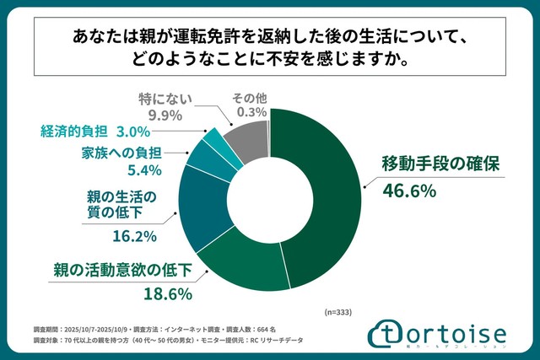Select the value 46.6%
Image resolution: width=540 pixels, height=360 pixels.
click(x=406, y=191)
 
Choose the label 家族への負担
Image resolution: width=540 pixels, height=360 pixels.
click(x=121, y=153)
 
